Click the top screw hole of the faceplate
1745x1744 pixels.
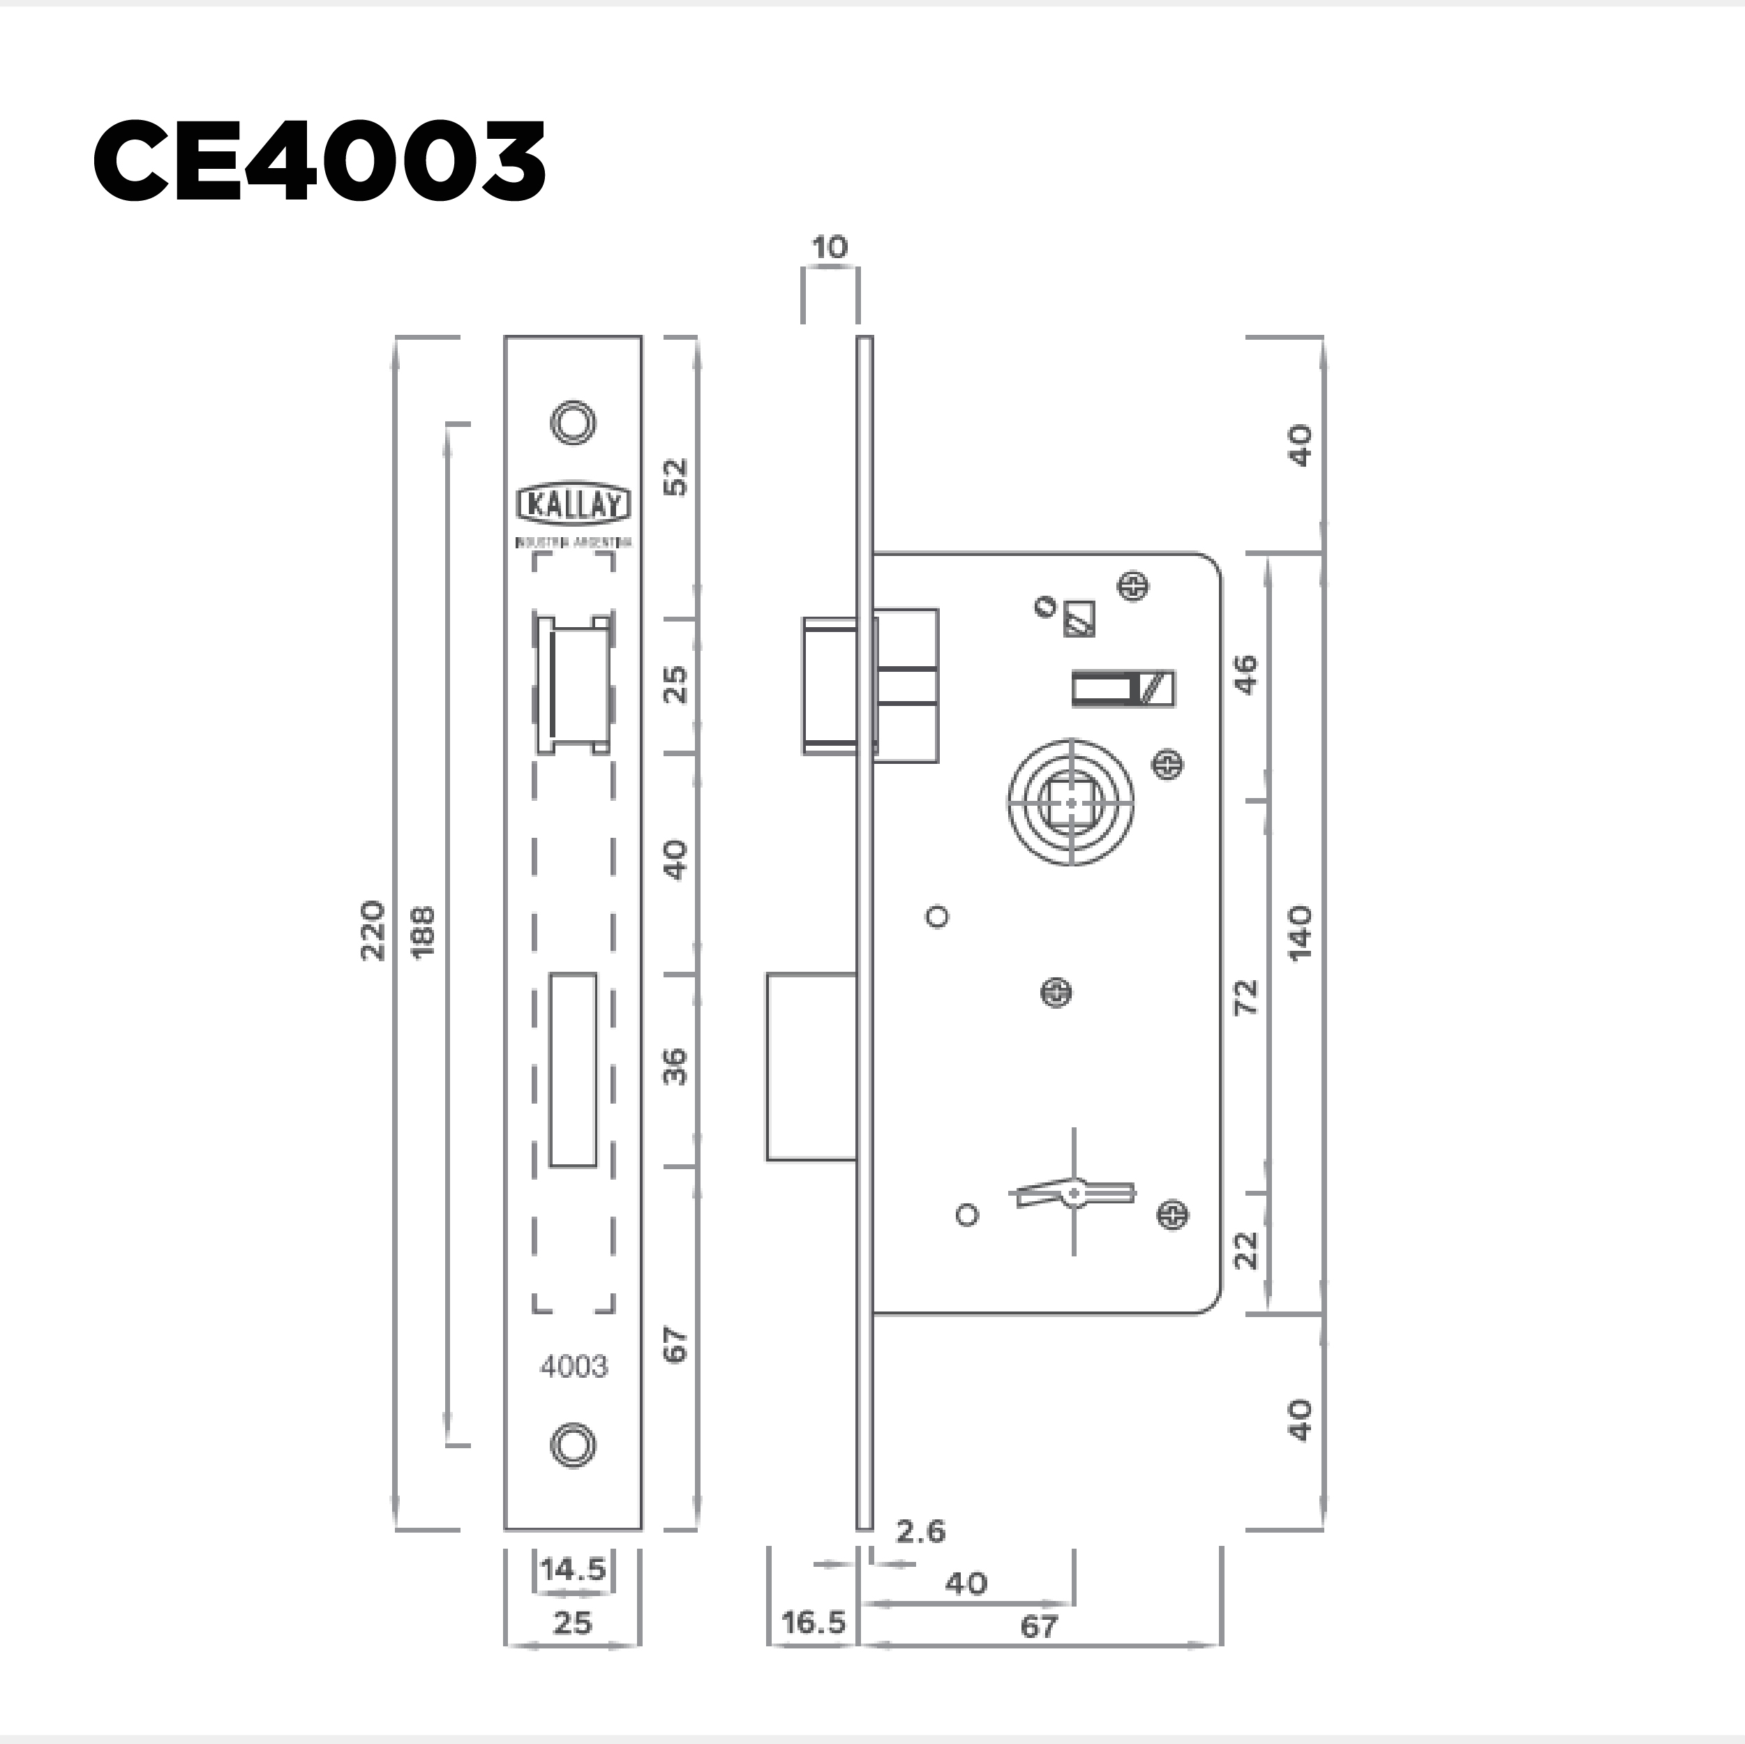point(573,422)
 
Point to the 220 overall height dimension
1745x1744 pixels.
point(373,931)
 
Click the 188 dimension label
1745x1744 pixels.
point(423,931)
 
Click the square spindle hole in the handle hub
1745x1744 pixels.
point(1071,801)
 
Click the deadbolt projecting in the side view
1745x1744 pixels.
point(810,1066)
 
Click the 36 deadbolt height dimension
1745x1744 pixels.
point(675,1067)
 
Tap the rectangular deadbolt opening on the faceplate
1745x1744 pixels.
point(574,1069)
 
